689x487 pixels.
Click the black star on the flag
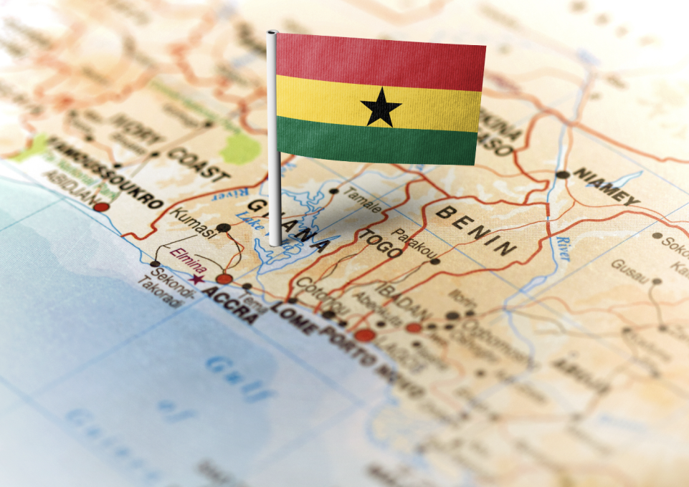coord(381,107)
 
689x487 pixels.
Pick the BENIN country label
coord(476,230)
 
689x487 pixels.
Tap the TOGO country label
coord(380,243)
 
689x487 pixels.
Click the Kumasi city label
coord(193,223)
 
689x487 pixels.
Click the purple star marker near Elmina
coord(197,279)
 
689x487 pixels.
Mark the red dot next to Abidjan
coord(102,206)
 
